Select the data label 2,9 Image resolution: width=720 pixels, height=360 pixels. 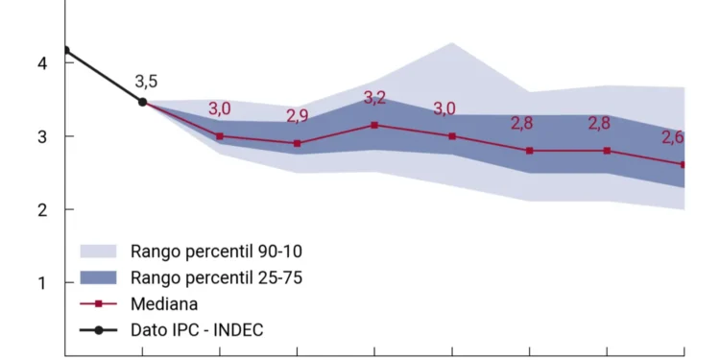(x=298, y=117)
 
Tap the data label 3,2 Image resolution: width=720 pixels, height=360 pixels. (x=374, y=98)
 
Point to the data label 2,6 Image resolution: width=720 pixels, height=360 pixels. (x=672, y=137)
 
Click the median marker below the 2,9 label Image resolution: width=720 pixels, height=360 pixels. (x=298, y=143)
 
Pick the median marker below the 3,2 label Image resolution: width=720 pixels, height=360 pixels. (x=374, y=125)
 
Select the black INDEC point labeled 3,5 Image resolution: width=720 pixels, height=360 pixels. (x=143, y=102)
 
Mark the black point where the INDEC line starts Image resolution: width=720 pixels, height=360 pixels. (x=65, y=50)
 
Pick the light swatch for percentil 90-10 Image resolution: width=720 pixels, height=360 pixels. (x=98, y=252)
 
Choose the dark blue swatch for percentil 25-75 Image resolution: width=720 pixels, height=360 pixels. (x=98, y=278)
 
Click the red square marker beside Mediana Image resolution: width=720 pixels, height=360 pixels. (x=98, y=304)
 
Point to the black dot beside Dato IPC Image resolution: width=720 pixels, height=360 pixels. (x=98, y=330)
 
